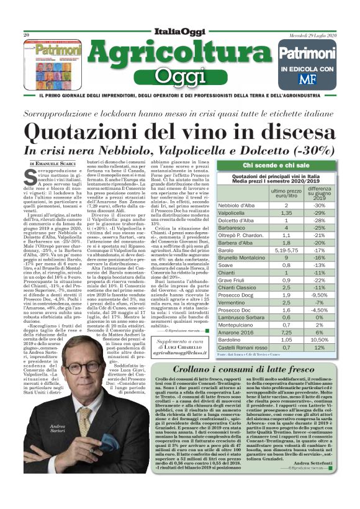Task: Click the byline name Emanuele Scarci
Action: pos(52,163)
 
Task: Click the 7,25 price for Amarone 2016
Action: pos(286,332)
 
